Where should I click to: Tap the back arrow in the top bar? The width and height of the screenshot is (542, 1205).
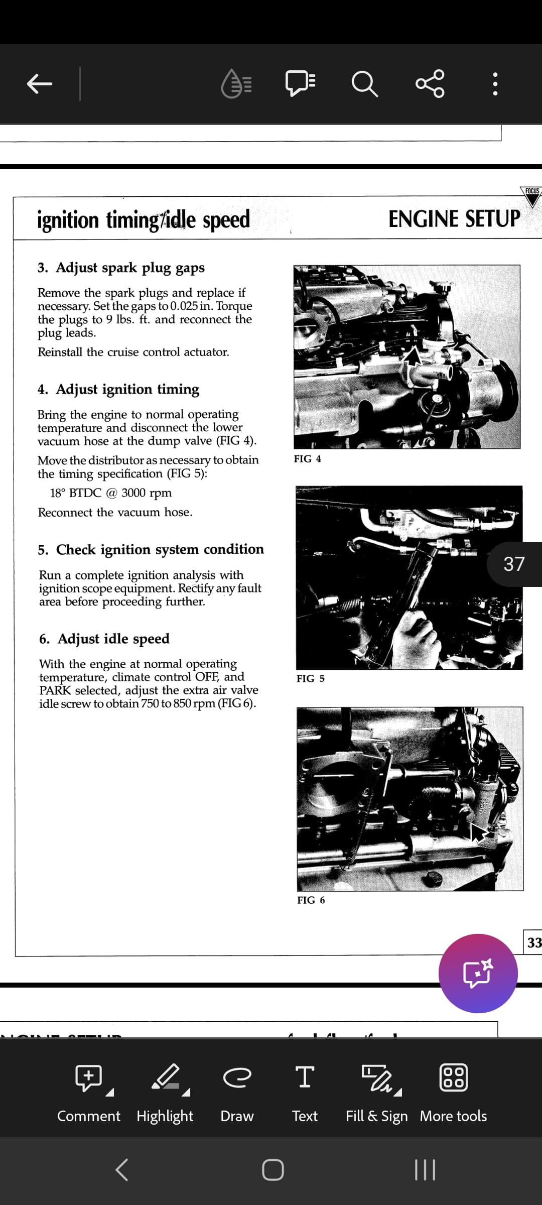(39, 84)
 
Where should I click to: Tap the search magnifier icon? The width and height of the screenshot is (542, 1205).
(364, 84)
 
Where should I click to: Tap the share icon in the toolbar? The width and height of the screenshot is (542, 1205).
(430, 84)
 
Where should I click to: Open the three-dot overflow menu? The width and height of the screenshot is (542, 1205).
(495, 84)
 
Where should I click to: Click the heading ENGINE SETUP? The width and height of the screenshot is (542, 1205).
(454, 219)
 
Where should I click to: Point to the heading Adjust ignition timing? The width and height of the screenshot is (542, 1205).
(127, 390)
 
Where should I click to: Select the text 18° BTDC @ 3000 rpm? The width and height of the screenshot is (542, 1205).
(111, 493)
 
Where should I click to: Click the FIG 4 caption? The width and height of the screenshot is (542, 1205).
(307, 459)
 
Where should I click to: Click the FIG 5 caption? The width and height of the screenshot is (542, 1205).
(310, 679)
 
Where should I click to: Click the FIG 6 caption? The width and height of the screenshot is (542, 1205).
(311, 900)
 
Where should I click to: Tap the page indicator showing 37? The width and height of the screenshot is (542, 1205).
(514, 564)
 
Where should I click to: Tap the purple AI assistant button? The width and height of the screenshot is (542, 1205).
(478, 973)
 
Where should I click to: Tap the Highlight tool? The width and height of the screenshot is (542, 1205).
(165, 1092)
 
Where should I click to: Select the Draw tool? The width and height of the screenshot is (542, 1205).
(237, 1092)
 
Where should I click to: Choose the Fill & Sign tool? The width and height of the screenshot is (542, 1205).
(377, 1092)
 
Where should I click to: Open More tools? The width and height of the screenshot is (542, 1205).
(453, 1092)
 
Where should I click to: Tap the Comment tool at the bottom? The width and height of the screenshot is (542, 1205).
(89, 1092)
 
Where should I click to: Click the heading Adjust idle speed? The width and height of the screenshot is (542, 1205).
(113, 639)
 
